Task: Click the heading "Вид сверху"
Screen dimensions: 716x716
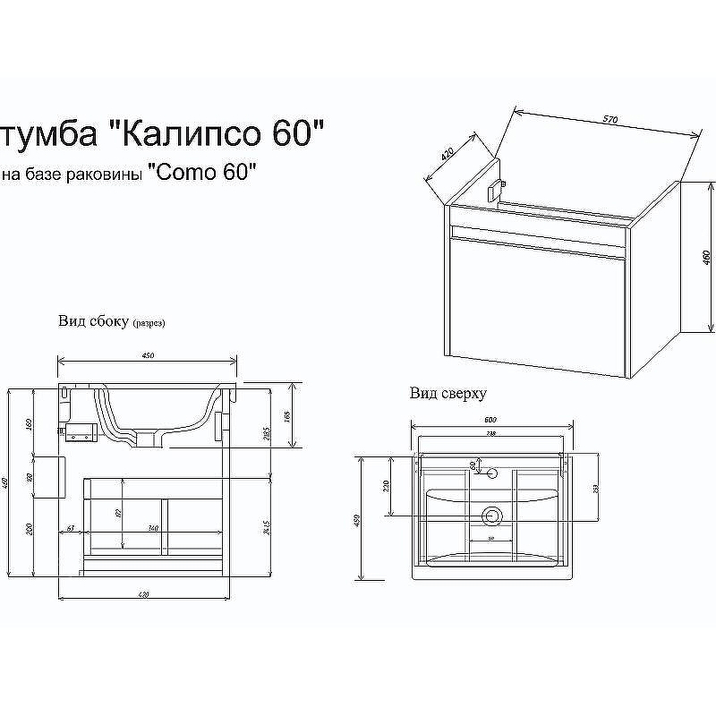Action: [448, 393]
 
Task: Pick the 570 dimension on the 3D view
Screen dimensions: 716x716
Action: [610, 119]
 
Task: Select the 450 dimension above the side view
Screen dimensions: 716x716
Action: [148, 355]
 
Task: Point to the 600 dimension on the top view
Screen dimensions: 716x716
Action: [490, 421]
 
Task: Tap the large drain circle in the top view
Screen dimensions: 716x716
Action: [490, 516]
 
